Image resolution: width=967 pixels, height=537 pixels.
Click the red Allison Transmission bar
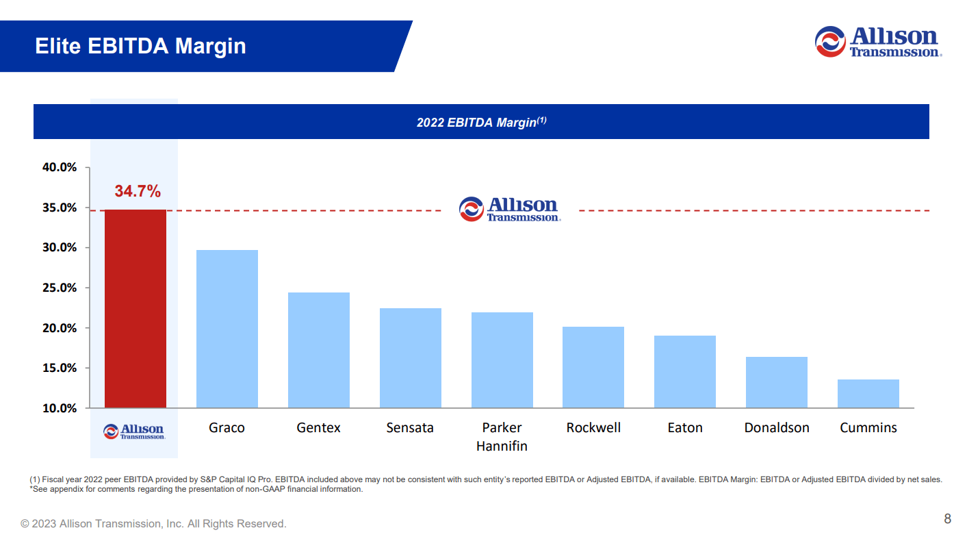[x=136, y=309]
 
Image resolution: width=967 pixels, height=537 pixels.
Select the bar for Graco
[x=227, y=329]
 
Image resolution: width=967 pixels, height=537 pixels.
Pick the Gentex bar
[x=319, y=351]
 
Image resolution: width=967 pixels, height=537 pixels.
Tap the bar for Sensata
[x=411, y=358]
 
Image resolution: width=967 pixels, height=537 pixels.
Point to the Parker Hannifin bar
[x=502, y=360]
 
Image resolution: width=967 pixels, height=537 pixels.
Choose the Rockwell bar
[x=593, y=367]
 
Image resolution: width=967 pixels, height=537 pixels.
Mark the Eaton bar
[x=685, y=372]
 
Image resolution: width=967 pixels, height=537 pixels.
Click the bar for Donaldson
[x=777, y=382]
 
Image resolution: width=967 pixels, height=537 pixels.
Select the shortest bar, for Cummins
[x=868, y=394]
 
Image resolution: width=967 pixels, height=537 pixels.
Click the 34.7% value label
[x=138, y=191]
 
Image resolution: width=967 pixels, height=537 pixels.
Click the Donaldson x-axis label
[x=777, y=427]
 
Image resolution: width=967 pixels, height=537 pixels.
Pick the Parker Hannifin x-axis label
[x=502, y=436]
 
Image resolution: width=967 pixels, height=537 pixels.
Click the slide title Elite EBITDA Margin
[x=140, y=46]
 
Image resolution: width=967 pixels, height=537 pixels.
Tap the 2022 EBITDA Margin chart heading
[x=481, y=122]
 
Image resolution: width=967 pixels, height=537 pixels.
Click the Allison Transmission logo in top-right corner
[x=878, y=42]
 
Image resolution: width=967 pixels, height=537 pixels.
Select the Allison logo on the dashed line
[x=510, y=210]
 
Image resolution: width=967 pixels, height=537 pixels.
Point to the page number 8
[x=947, y=518]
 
